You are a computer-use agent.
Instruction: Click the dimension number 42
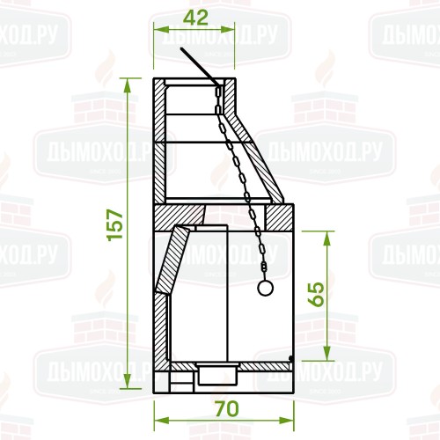point(194,18)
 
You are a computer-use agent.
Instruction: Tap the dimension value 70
point(226,409)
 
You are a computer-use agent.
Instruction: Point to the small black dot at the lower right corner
point(291,357)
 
